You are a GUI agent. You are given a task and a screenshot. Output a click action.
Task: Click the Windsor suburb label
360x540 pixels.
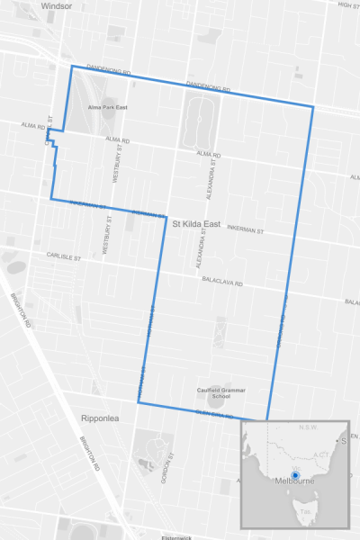(56, 5)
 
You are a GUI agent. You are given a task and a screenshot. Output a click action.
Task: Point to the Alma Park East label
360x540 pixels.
(107, 107)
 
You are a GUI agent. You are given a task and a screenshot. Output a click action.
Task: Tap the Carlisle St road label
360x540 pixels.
(65, 256)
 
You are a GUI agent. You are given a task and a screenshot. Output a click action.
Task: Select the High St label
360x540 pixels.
(348, 4)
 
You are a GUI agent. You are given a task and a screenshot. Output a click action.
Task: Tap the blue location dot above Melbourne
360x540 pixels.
(295, 474)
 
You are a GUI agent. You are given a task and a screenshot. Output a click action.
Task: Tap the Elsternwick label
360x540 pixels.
(177, 537)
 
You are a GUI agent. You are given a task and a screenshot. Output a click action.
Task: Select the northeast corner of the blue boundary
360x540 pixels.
(312, 107)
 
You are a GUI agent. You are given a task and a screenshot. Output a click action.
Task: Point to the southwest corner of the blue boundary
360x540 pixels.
(139, 402)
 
